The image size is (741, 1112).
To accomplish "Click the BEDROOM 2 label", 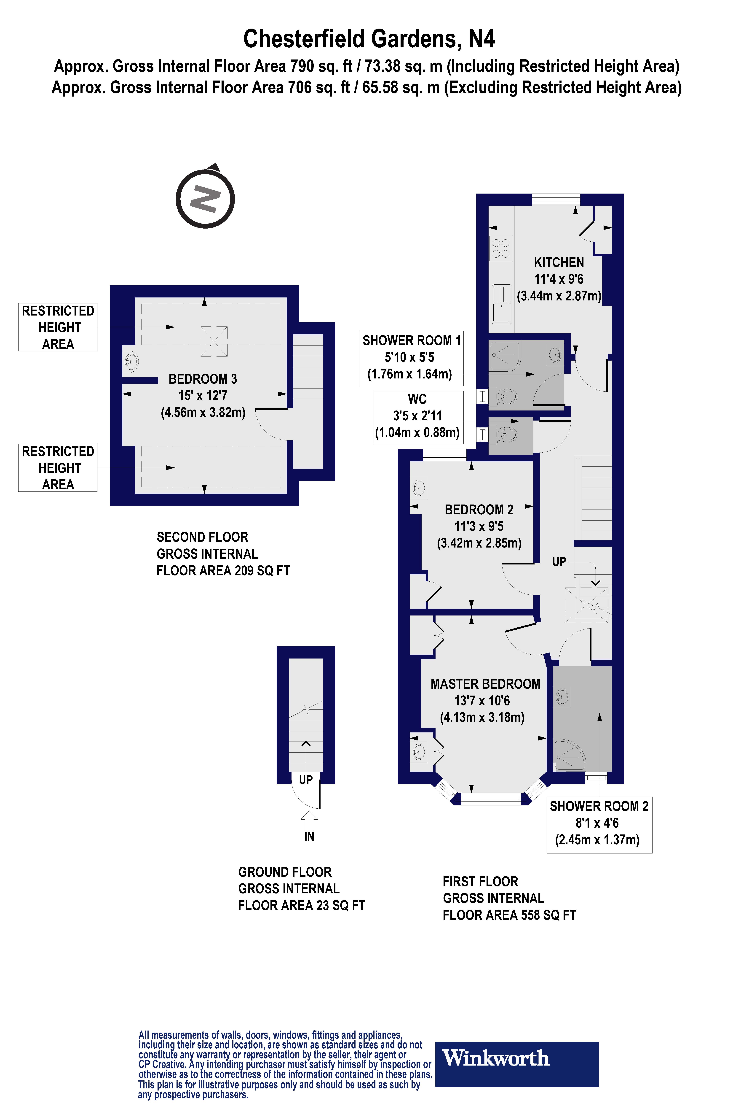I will (x=479, y=510).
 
